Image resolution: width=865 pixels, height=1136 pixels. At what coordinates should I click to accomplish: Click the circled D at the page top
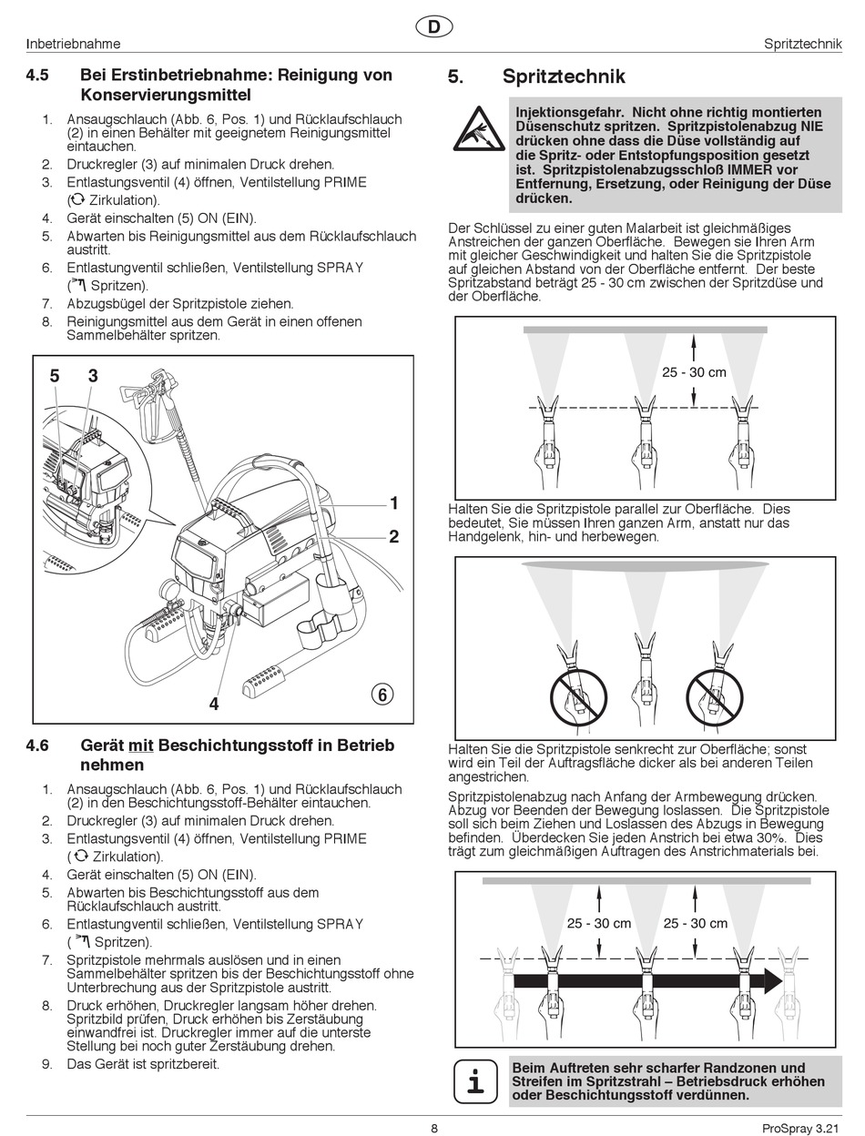[433, 27]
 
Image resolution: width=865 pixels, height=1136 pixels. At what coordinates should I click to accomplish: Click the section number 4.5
[37, 75]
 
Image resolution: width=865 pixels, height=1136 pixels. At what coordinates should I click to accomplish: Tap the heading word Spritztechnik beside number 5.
[564, 77]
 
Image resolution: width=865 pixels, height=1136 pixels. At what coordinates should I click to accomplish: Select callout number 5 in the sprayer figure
[55, 376]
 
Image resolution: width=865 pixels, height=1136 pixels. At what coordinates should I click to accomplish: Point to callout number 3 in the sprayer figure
[93, 376]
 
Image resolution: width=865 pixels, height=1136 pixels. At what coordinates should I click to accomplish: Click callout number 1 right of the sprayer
[394, 502]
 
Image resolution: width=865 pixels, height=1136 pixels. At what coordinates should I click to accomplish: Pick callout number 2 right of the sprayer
[394, 537]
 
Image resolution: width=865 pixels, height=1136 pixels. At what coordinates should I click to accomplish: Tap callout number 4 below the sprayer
[214, 703]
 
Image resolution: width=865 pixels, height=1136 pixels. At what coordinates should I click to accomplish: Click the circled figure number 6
[382, 695]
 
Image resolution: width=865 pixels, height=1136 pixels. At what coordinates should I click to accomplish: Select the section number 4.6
[37, 745]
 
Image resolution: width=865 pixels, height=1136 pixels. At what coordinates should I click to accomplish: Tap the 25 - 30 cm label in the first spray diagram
[694, 371]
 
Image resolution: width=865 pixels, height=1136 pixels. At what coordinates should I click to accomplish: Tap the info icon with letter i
[475, 1081]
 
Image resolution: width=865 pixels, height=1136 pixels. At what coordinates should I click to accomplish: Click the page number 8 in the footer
[434, 1129]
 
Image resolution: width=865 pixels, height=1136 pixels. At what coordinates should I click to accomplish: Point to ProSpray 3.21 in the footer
[799, 1129]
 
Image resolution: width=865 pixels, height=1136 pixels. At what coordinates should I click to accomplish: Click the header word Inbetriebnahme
[74, 44]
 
